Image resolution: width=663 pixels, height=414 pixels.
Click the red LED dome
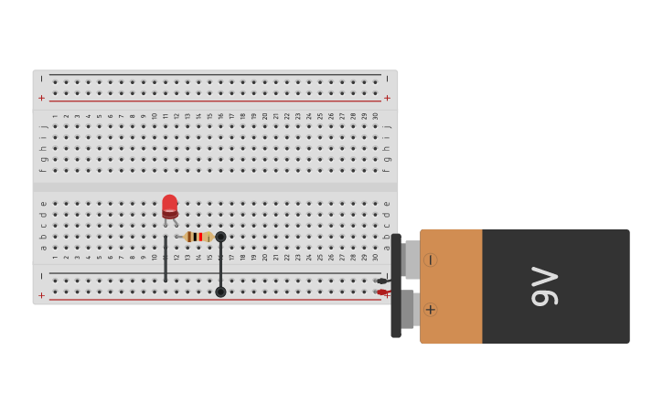click(170, 205)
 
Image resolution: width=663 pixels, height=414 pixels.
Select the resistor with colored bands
click(198, 237)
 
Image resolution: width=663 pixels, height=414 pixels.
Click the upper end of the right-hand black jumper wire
click(220, 237)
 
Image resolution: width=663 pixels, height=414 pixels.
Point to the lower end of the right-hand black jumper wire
click(220, 292)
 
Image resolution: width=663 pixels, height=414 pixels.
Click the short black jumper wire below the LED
click(166, 259)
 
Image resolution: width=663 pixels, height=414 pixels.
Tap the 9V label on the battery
click(544, 286)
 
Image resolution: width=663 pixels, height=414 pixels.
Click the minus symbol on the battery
click(430, 260)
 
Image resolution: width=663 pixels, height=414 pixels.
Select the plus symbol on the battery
click(430, 310)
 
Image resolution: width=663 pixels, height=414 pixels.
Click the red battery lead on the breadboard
click(381, 292)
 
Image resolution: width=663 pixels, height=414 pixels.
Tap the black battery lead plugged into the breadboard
click(381, 281)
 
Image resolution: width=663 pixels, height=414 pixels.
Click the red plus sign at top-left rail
click(41, 98)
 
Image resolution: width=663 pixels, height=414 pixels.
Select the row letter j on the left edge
click(42, 125)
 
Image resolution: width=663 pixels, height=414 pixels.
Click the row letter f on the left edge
click(42, 170)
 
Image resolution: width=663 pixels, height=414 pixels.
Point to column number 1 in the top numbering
click(55, 116)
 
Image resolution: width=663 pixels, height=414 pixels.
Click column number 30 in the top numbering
click(375, 116)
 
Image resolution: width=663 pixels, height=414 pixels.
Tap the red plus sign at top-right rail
click(387, 98)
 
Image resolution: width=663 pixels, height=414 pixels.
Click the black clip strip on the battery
click(396, 285)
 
